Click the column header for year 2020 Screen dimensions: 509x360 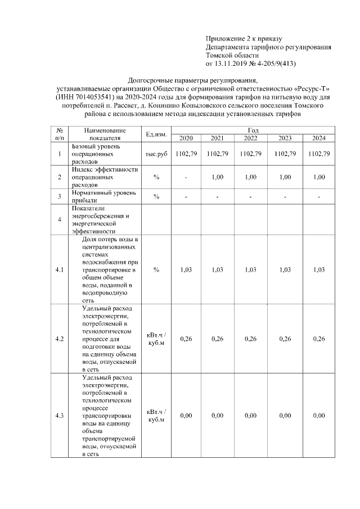[186, 138]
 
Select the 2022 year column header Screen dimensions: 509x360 [251, 138]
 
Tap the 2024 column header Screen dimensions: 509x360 [319, 138]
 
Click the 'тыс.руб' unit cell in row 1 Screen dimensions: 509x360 [156, 154]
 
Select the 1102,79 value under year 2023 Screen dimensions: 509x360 [285, 154]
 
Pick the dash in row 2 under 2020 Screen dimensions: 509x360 [186, 177]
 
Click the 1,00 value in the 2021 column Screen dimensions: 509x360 [218, 177]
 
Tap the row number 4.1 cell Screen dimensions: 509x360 [60, 270]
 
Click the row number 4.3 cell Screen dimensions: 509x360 [60, 416]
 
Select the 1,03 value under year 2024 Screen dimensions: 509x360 [319, 270]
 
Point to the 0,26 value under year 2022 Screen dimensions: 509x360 [251, 339]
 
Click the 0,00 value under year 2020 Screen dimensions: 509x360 [186, 416]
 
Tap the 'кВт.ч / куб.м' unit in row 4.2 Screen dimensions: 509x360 [156, 339]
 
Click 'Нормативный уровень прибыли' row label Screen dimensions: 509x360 [104, 196]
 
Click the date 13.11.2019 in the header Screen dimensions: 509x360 [234, 64]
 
